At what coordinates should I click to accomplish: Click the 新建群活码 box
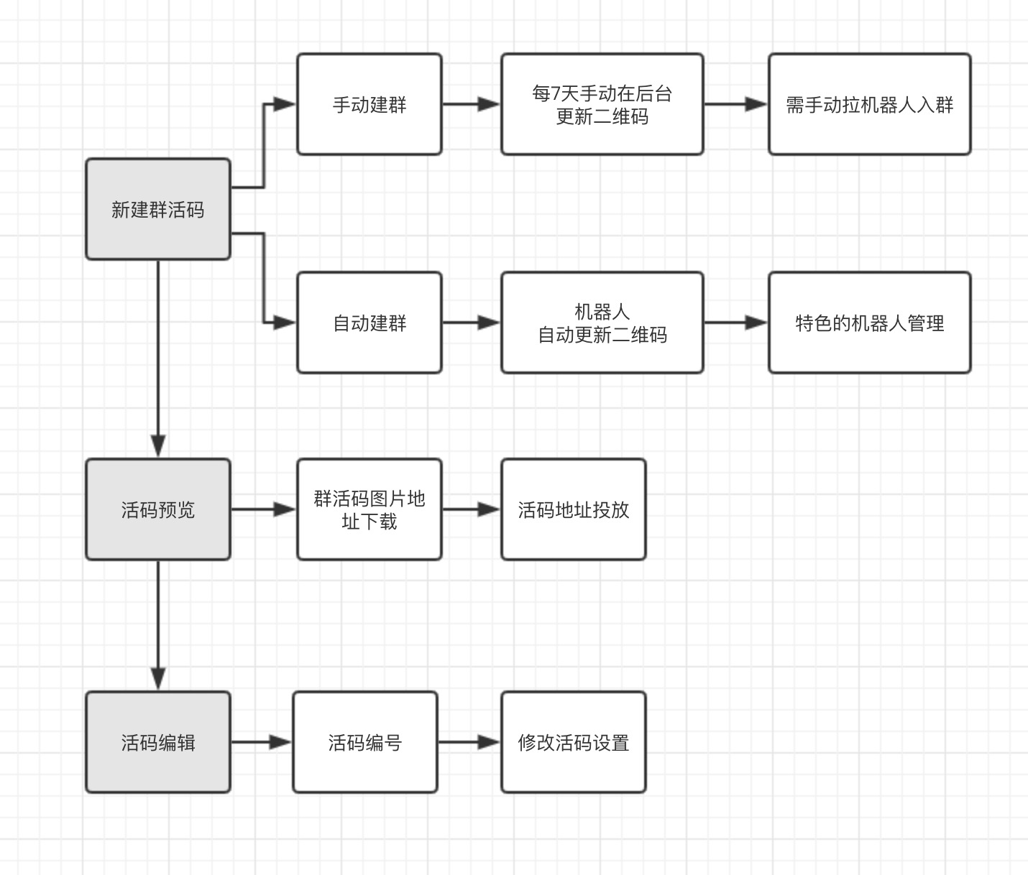(158, 209)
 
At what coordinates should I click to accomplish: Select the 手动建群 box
(370, 104)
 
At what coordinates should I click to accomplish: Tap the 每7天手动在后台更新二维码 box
(602, 104)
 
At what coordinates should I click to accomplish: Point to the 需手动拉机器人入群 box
(869, 104)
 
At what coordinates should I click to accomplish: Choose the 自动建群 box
(370, 323)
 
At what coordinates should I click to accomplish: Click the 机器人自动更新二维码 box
(602, 323)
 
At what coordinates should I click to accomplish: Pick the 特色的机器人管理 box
(869, 323)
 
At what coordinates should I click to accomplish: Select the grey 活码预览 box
(158, 509)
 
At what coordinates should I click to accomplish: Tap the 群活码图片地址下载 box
(370, 509)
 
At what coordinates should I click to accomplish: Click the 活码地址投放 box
(573, 509)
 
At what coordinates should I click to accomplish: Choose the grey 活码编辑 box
(158, 742)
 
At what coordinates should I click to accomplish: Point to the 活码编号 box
(364, 742)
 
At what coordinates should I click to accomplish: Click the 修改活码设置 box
(573, 742)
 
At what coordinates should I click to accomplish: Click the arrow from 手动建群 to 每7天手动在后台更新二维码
(471, 104)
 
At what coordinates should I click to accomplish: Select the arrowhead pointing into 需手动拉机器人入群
(756, 104)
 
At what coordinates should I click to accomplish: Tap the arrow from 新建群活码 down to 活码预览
(158, 359)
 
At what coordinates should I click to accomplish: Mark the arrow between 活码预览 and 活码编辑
(158, 625)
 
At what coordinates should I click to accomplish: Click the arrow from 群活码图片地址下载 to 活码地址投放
(471, 509)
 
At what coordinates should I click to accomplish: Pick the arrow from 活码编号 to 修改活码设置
(469, 742)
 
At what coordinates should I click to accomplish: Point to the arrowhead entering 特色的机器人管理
(756, 323)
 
